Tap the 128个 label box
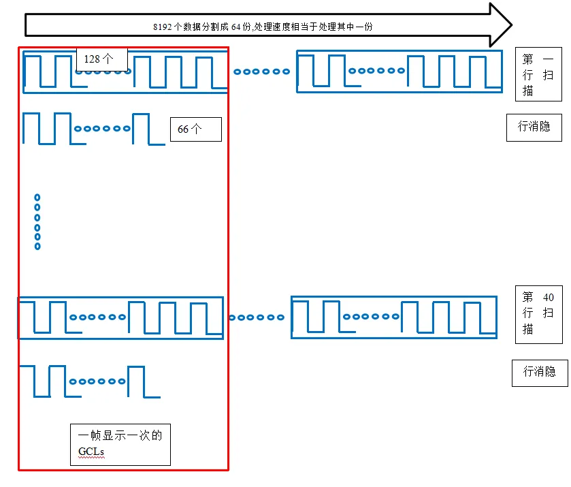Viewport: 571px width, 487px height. click(x=102, y=59)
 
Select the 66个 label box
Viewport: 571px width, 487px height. click(x=195, y=129)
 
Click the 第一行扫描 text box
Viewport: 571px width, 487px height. click(x=538, y=75)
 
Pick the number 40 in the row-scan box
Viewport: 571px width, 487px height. click(x=549, y=297)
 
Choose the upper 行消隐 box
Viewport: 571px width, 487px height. click(x=534, y=127)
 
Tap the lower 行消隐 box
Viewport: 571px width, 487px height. click(x=539, y=372)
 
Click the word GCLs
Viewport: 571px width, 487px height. click(x=91, y=451)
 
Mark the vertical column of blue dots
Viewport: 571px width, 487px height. click(x=37, y=222)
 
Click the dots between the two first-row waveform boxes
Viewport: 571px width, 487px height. click(x=261, y=71)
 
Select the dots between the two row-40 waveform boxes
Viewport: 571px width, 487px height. click(x=257, y=317)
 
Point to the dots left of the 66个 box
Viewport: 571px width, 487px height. click(x=103, y=128)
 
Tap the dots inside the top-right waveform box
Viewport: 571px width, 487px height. click(x=376, y=70)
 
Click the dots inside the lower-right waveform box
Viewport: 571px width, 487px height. click(x=372, y=317)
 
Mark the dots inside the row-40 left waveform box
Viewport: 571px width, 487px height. click(x=98, y=317)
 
